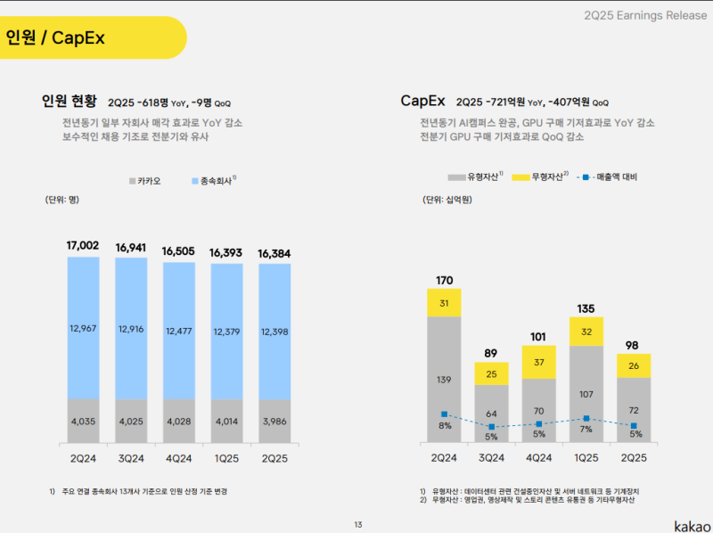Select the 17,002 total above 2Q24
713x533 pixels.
pyautogui.click(x=83, y=245)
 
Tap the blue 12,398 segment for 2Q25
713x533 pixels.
pyautogui.click(x=275, y=332)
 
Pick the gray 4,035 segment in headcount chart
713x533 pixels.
pyautogui.click(x=83, y=421)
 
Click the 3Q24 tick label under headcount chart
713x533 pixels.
pyautogui.click(x=131, y=457)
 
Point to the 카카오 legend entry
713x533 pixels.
pyautogui.click(x=145, y=181)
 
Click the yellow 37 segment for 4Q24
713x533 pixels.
pyautogui.click(x=539, y=363)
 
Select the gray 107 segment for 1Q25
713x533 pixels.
pyautogui.click(x=586, y=393)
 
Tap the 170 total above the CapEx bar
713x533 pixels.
pyautogui.click(x=444, y=281)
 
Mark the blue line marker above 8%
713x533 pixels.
pyautogui.click(x=444, y=414)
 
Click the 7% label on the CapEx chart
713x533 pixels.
pyautogui.click(x=586, y=430)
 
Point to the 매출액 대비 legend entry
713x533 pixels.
pyautogui.click(x=611, y=176)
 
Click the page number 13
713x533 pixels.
pyautogui.click(x=357, y=524)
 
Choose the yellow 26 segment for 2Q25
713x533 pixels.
pyautogui.click(x=634, y=365)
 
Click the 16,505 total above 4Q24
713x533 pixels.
pyautogui.click(x=179, y=251)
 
